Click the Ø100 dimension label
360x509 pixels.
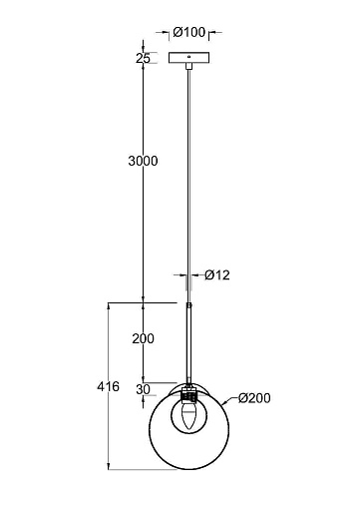(188, 32)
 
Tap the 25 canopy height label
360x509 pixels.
(143, 58)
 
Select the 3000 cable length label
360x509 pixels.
(143, 161)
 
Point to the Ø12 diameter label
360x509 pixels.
(217, 275)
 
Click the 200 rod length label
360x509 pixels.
(143, 338)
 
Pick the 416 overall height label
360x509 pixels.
(108, 386)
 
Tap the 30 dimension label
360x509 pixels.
(143, 389)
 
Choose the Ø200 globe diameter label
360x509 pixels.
(254, 398)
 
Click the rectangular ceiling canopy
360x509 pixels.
(189, 58)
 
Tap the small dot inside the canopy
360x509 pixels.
(189, 57)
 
